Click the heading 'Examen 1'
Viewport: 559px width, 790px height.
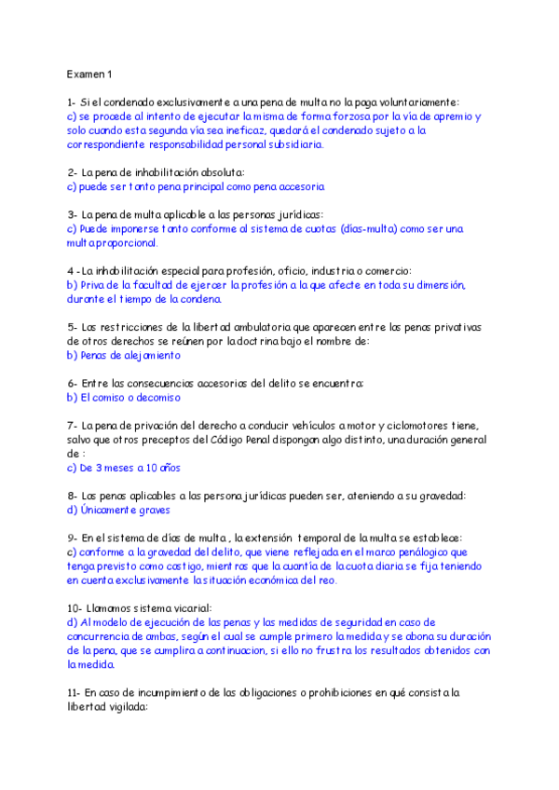coord(89,74)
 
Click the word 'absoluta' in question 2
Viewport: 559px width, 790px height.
coord(215,172)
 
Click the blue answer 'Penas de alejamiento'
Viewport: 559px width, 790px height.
coord(124,355)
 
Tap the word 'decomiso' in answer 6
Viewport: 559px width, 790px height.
coord(156,397)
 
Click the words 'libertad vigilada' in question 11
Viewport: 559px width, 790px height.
coord(108,707)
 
